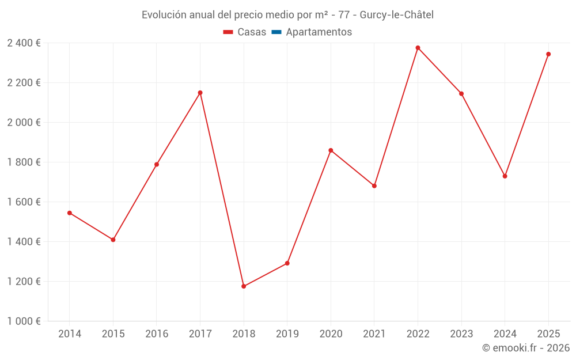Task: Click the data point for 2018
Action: (x=244, y=286)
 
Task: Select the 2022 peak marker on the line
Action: (x=418, y=48)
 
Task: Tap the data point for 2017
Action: (x=200, y=93)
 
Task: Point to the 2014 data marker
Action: (x=70, y=213)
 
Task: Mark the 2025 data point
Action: (x=548, y=54)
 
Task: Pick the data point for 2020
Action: (x=331, y=150)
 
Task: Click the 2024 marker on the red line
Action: (x=505, y=176)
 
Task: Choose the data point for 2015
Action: (x=113, y=240)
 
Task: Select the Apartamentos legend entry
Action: (x=319, y=32)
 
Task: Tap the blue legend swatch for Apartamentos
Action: (x=276, y=32)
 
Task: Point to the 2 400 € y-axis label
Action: (x=24, y=43)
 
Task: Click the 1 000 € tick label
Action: (x=24, y=321)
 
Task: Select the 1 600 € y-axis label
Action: (x=24, y=202)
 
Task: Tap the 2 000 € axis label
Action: (x=24, y=123)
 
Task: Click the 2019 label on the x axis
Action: (x=287, y=334)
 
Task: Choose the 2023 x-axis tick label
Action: (x=461, y=334)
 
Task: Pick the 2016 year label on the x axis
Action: (x=157, y=334)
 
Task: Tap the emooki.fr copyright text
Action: (x=525, y=348)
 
